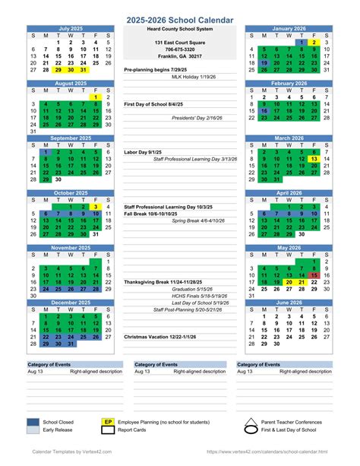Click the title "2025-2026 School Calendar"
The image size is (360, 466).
click(x=180, y=17)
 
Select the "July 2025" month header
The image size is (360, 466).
click(x=71, y=28)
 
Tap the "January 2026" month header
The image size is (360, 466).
click(x=289, y=28)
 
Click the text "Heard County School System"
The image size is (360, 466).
click(x=181, y=28)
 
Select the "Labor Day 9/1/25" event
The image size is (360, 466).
click(x=144, y=152)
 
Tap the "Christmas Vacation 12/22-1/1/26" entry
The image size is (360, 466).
click(x=160, y=336)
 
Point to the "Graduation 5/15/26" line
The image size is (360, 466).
click(x=192, y=289)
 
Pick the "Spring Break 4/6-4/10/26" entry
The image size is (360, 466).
click(x=199, y=220)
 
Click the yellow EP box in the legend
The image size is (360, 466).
click(x=108, y=421)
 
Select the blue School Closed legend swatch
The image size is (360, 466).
click(x=33, y=421)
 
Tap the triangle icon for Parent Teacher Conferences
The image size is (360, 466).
click(x=251, y=421)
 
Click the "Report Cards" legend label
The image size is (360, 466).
click(x=133, y=430)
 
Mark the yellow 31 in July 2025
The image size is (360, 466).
click(x=84, y=69)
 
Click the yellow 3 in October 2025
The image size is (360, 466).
click(x=96, y=207)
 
